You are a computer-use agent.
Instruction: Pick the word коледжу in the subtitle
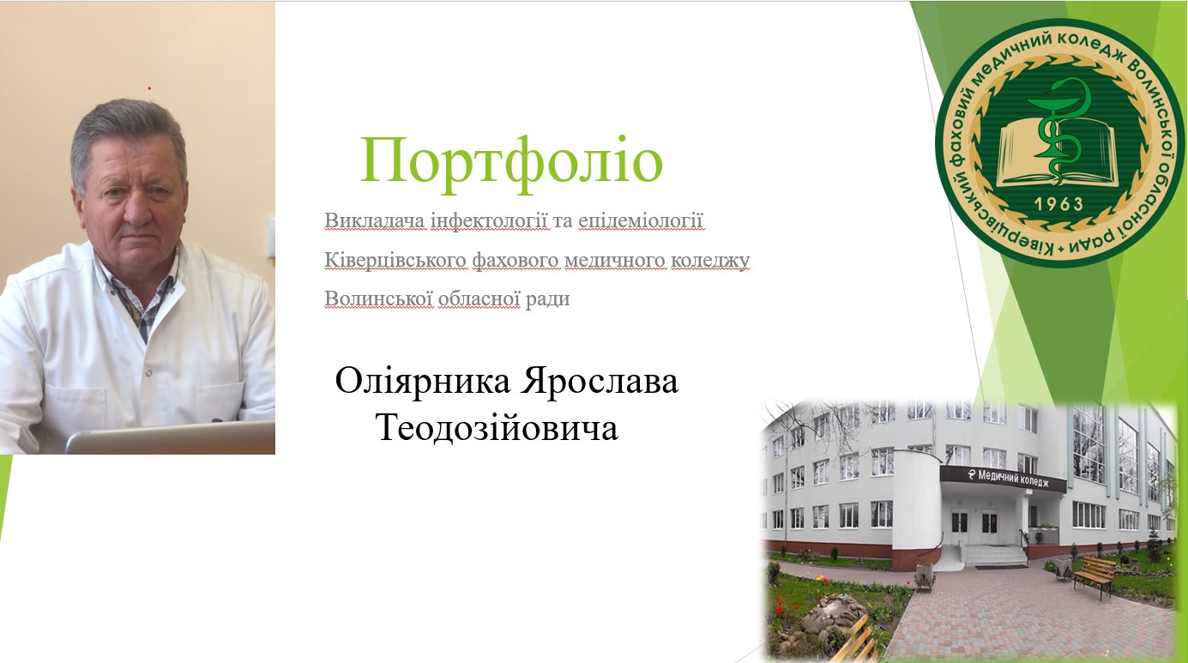pyautogui.click(x=714, y=260)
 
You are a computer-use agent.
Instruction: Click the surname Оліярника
pyautogui.click(x=423, y=382)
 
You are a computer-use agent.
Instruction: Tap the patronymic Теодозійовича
pyautogui.click(x=497, y=427)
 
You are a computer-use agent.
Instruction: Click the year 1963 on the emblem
pyautogui.click(x=1058, y=204)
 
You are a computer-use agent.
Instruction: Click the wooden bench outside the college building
pyautogui.click(x=1094, y=575)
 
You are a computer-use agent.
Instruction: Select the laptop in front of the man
pyautogui.click(x=172, y=438)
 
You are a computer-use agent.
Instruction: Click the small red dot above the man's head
pyautogui.click(x=149, y=88)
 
